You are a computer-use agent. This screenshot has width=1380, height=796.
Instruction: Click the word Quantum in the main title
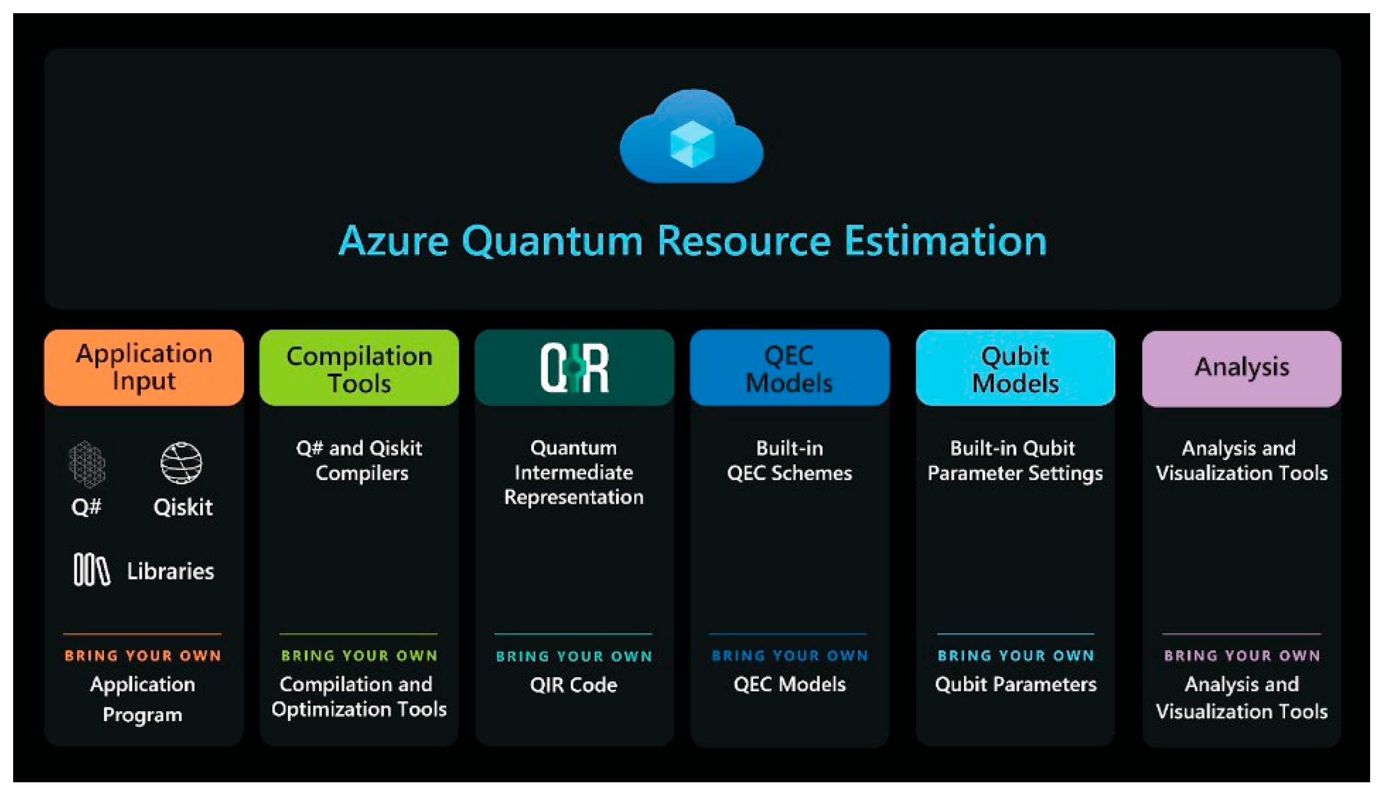pos(552,241)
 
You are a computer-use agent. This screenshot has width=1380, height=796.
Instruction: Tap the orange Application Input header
pos(144,367)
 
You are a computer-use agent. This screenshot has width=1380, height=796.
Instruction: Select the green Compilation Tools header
pos(359,369)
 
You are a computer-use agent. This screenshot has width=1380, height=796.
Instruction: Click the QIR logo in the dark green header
pos(574,368)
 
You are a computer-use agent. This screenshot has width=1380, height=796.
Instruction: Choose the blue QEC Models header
pos(789,369)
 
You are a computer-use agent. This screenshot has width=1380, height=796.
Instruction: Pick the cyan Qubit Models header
pos(1015,369)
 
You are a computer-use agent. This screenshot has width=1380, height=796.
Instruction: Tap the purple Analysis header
pos(1241,367)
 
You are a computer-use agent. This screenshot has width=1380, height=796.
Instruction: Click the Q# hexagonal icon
pos(87,464)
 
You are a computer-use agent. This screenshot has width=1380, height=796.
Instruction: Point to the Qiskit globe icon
pos(181,463)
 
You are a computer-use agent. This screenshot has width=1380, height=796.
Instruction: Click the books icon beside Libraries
pos(92,570)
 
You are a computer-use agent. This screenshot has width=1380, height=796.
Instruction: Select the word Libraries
pos(171,571)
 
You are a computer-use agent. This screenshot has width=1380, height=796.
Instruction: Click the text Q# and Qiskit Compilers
pos(360,460)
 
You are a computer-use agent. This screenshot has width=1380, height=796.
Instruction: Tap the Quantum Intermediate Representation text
pos(573,473)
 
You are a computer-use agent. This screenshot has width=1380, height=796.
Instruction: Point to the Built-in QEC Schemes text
pos(790,460)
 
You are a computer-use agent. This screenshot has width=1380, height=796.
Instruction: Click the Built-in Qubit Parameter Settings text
pos(1015,460)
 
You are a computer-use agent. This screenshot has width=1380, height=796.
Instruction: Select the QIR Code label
pos(573,685)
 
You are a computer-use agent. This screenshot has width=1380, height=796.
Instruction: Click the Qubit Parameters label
pos(1015,684)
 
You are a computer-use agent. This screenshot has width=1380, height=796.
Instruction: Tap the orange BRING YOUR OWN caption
pos(143,656)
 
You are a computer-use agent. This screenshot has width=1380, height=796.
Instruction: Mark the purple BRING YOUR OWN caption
pos(1242,656)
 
